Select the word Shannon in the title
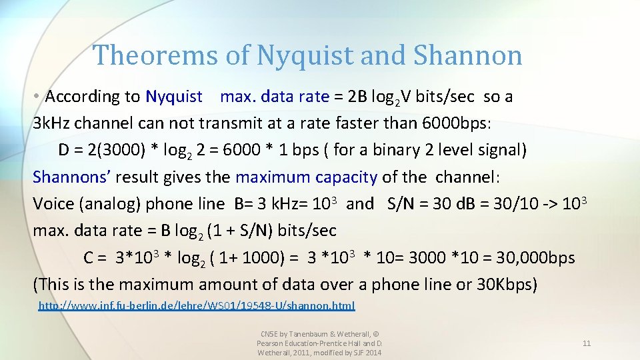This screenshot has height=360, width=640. [467, 55]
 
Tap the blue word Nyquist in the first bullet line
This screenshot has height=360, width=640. [174, 97]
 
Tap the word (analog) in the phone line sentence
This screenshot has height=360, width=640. [110, 204]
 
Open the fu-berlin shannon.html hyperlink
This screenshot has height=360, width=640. [197, 306]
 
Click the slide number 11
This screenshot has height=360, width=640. [587, 343]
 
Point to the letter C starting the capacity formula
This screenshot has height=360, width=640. [89, 258]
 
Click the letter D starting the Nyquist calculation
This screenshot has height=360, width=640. [64, 150]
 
